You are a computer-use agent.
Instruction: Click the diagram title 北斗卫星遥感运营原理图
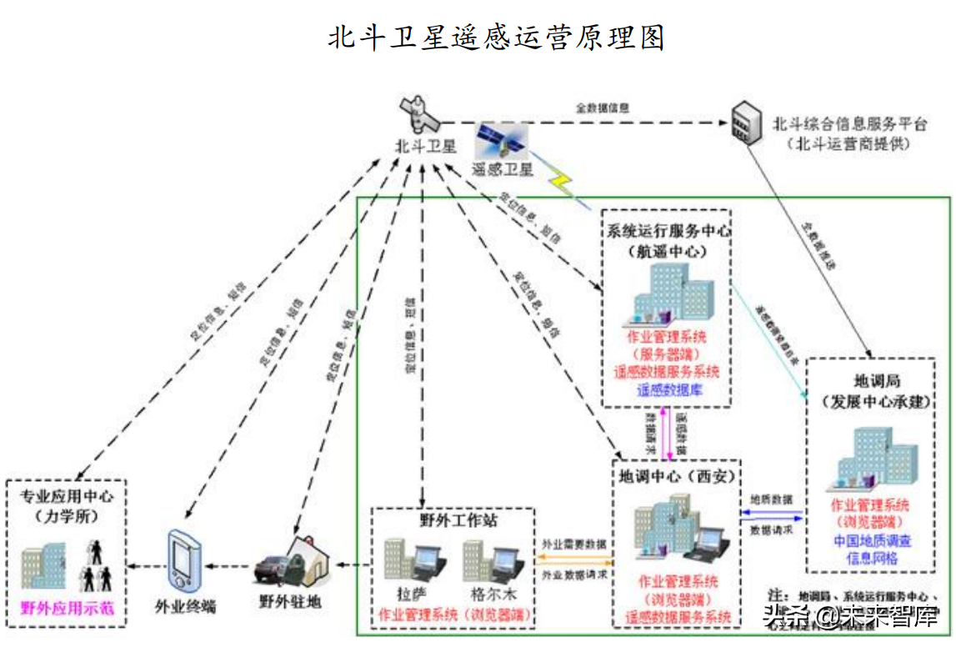(x=496, y=38)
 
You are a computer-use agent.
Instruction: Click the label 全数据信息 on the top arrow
(x=602, y=108)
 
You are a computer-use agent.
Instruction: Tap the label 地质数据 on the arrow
(x=771, y=499)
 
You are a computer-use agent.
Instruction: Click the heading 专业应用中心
(x=67, y=496)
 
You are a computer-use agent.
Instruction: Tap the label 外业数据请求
(x=574, y=575)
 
